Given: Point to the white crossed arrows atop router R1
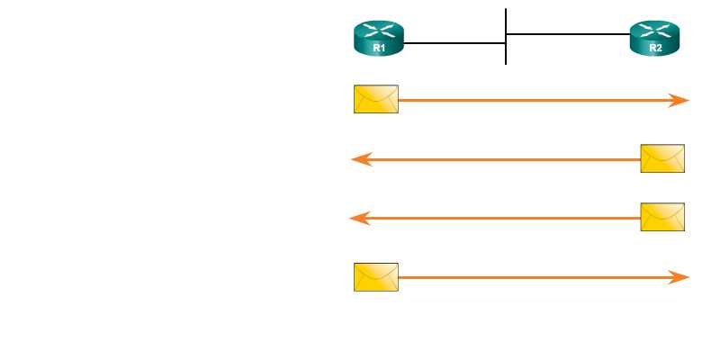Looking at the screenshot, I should click(379, 31).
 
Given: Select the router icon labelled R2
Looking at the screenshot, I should click(655, 40).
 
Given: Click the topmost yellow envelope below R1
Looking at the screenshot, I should click(376, 99).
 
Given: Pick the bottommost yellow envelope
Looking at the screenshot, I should click(376, 277).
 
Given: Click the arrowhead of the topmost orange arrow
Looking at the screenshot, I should click(681, 101).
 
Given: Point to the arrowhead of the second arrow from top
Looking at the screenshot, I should click(360, 159).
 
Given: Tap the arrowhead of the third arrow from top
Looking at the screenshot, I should click(358, 218).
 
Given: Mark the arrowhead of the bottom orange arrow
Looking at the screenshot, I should click(681, 277).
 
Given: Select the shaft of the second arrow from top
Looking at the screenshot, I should click(504, 159).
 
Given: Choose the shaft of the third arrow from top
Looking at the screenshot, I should click(504, 218).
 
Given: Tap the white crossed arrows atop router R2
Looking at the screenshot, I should click(655, 31).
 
